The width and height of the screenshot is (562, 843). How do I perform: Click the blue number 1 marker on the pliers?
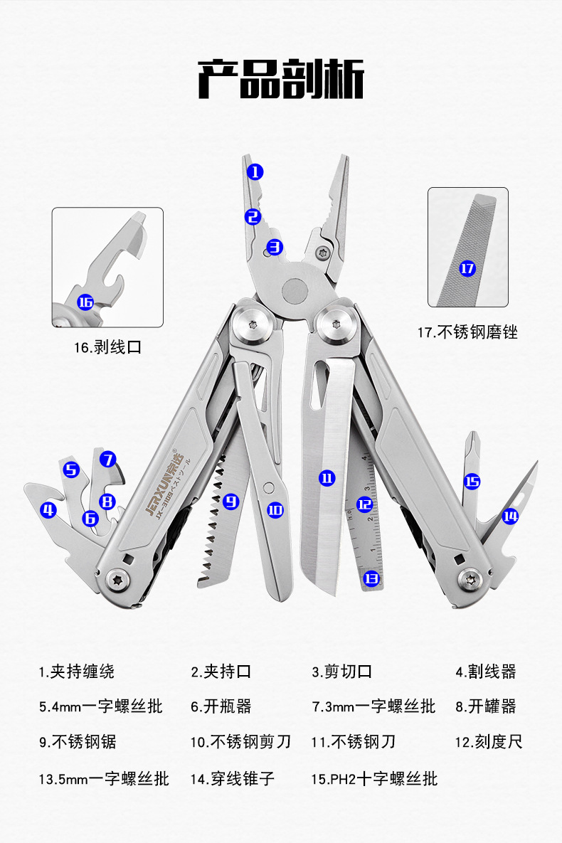click(x=255, y=171)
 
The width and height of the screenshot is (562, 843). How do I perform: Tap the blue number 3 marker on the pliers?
click(x=275, y=248)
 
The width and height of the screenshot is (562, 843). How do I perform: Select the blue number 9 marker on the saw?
click(x=230, y=501)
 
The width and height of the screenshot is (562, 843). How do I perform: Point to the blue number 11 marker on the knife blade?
click(x=327, y=478)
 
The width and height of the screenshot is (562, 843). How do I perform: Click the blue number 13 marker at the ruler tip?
click(x=371, y=578)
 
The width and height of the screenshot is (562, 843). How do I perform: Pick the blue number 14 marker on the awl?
click(x=510, y=516)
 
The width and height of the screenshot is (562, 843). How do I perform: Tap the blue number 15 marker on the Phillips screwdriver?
click(x=472, y=482)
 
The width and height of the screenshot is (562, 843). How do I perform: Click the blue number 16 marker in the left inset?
click(x=85, y=302)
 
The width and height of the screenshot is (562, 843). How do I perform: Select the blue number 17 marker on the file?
click(x=467, y=268)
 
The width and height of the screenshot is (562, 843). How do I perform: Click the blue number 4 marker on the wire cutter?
click(x=48, y=509)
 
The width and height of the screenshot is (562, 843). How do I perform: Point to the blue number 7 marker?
click(x=107, y=460)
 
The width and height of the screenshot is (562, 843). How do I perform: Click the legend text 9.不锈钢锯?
click(x=78, y=742)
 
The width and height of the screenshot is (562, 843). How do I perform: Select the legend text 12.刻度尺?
click(x=489, y=742)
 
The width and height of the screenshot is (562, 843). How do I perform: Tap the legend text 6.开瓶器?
click(x=221, y=706)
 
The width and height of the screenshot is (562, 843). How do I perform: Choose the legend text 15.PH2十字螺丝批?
click(x=374, y=778)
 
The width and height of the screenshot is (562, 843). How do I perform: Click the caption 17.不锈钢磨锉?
click(x=467, y=332)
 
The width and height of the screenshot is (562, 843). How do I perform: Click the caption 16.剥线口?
click(x=108, y=347)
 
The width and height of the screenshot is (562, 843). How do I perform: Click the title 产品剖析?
click(x=281, y=79)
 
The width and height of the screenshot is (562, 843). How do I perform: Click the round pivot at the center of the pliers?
click(x=295, y=289)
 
